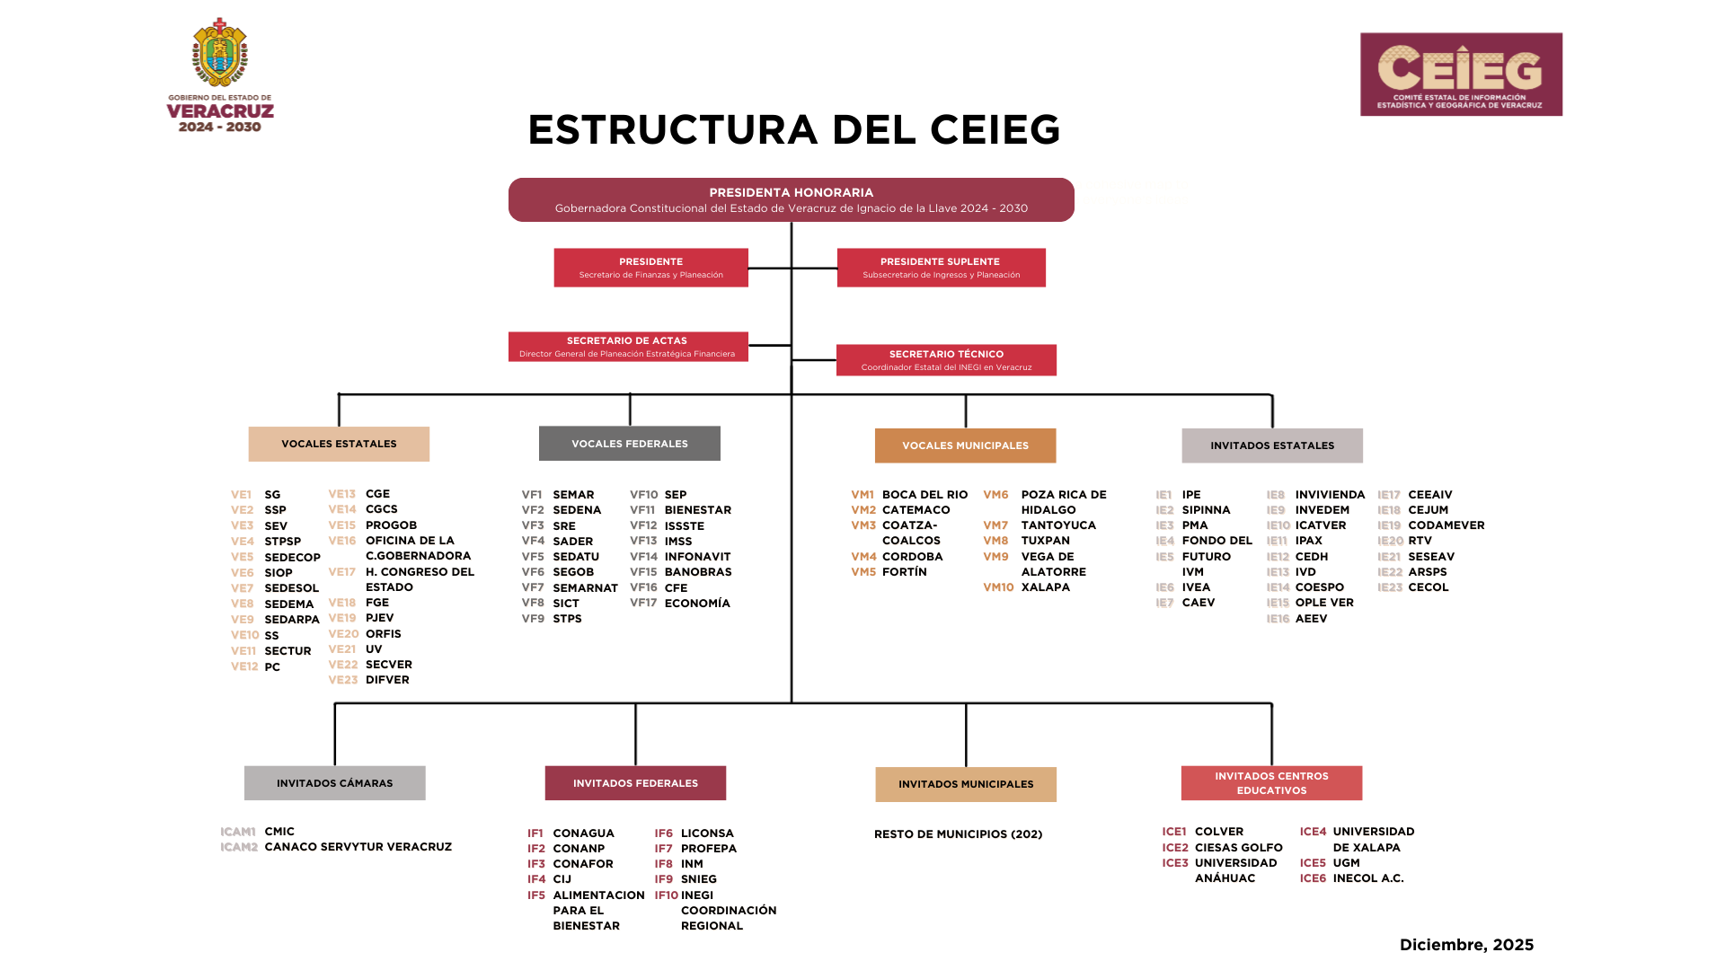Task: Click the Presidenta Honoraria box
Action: coord(791,199)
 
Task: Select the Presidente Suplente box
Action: coord(941,268)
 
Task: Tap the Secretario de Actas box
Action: coord(627,347)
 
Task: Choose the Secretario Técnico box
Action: coord(946,360)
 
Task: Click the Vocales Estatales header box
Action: coord(339,444)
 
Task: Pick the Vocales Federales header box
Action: coord(629,444)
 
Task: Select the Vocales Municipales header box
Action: coord(965,445)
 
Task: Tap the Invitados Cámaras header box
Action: coord(334,783)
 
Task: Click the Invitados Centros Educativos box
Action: coord(1271,783)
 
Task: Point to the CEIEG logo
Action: coord(1461,75)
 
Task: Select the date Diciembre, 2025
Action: coord(1466,945)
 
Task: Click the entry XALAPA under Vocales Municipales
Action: coord(1045,587)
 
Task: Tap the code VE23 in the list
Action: coord(342,680)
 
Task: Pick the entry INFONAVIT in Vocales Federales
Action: coord(697,557)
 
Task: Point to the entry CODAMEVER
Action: coord(1446,525)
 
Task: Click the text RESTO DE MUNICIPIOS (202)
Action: coord(958,834)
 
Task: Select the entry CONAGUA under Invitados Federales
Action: coord(583,833)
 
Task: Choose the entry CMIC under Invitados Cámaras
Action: coord(279,832)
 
